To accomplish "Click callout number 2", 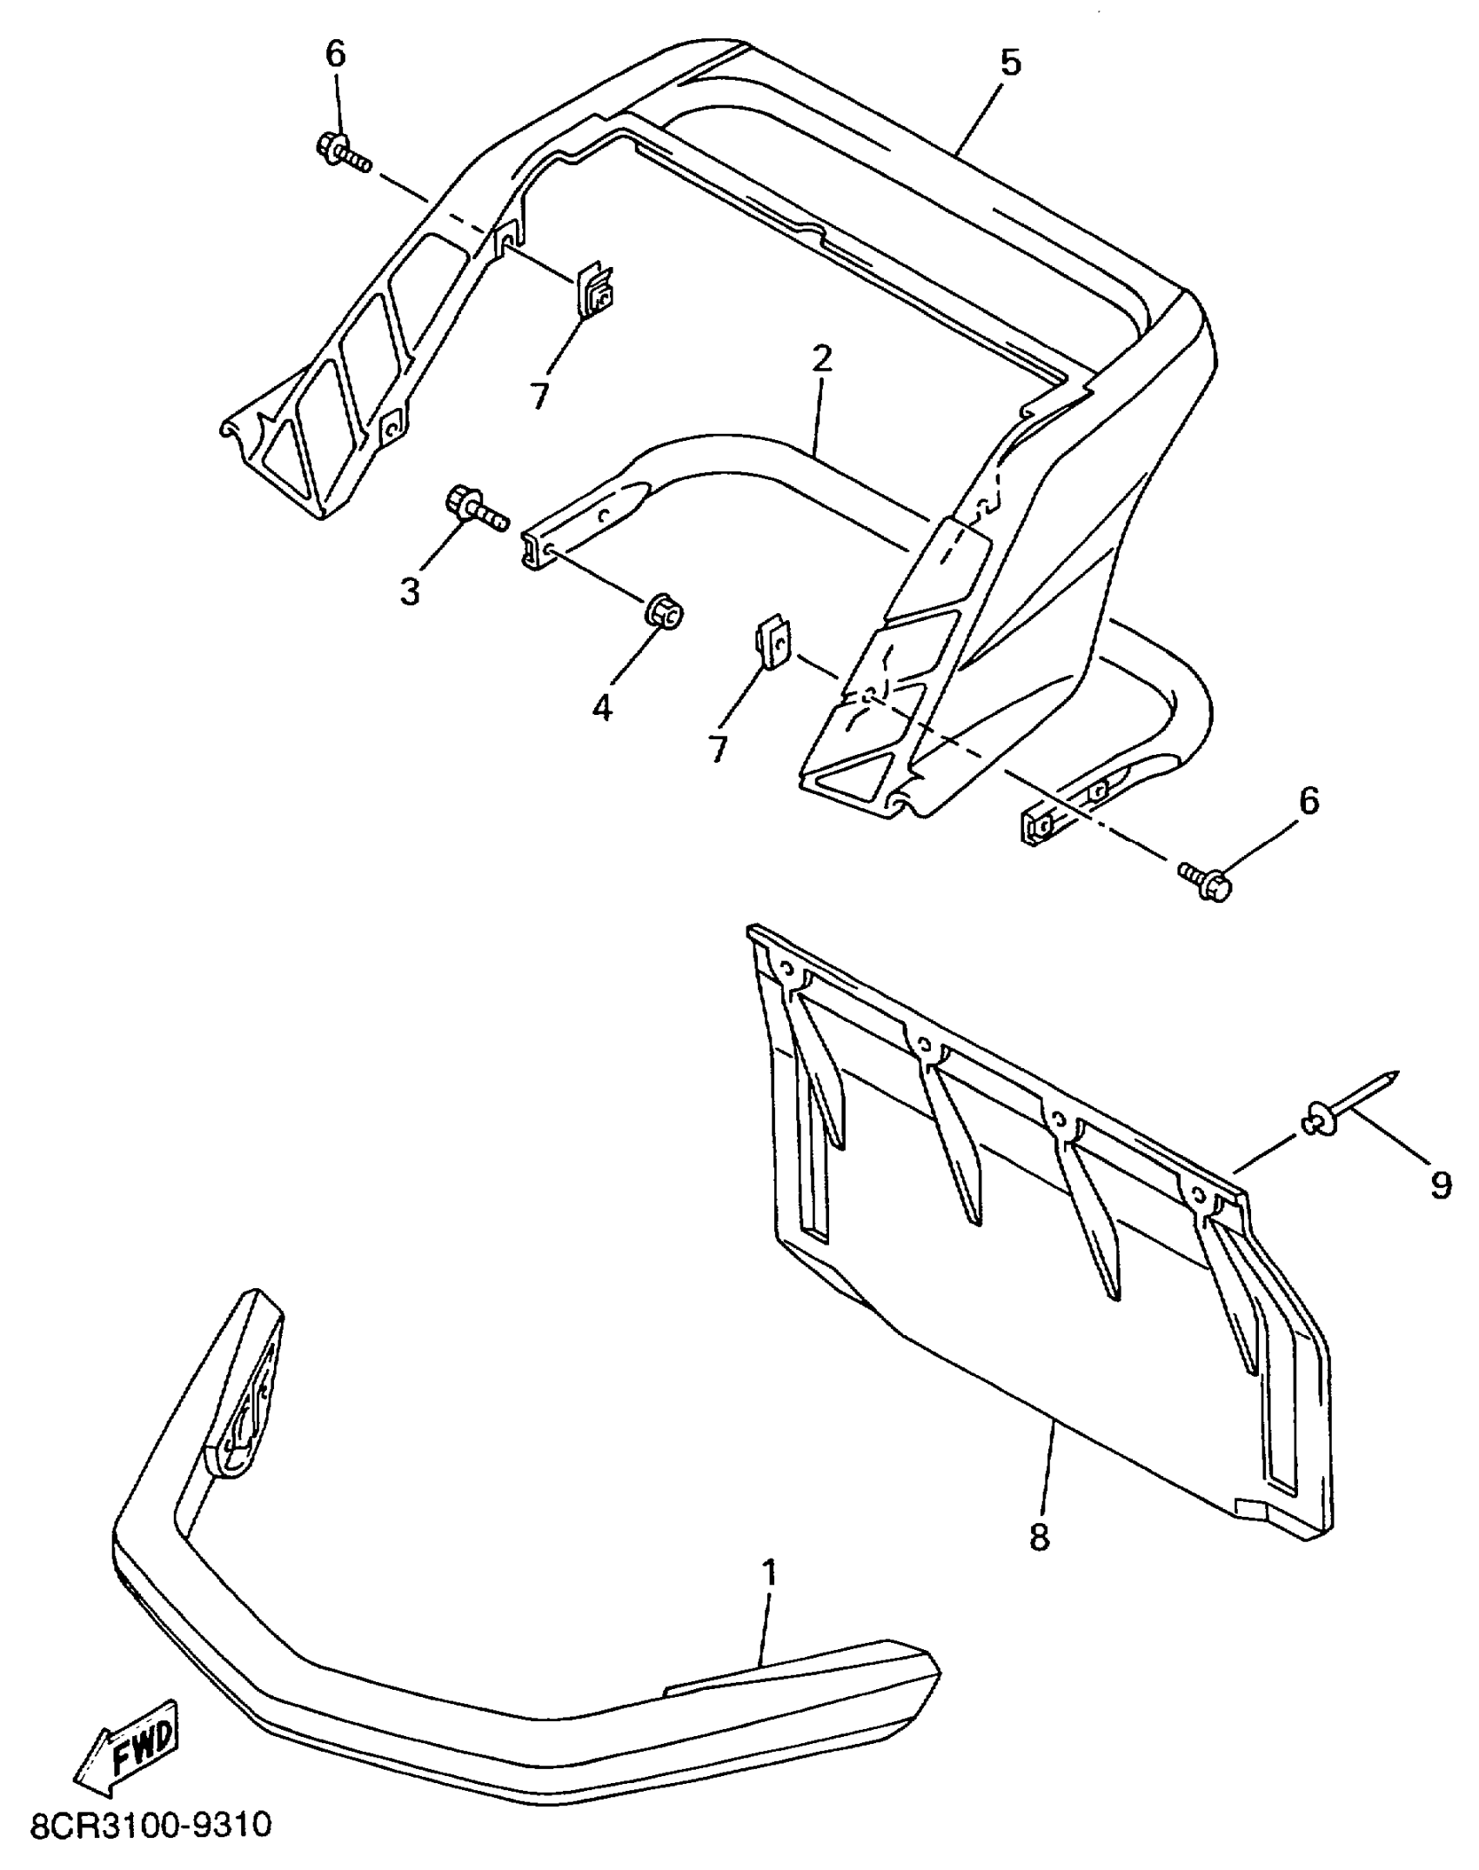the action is (x=822, y=359).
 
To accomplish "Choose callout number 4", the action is (x=602, y=707).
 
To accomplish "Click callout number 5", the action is (x=1010, y=63).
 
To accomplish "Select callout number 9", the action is (x=1441, y=1185).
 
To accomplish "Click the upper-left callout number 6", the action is (x=336, y=54).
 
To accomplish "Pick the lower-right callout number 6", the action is (x=1308, y=801).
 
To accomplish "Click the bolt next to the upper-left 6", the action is (x=342, y=153).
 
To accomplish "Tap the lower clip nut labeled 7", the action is (x=773, y=644).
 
